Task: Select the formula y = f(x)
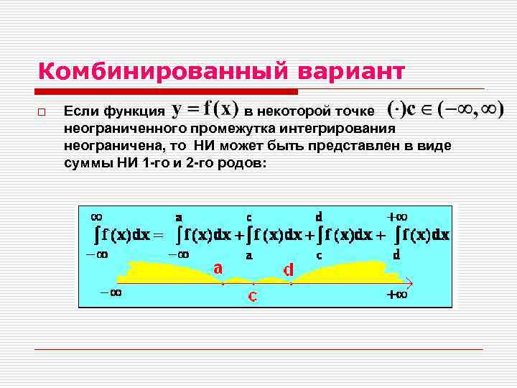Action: [205, 109]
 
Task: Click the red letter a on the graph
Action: [218, 267]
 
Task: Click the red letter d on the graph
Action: [289, 269]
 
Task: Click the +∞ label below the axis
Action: [397, 295]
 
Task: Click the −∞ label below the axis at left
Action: [111, 292]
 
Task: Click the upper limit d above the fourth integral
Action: [318, 216]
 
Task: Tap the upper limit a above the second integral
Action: [178, 216]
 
